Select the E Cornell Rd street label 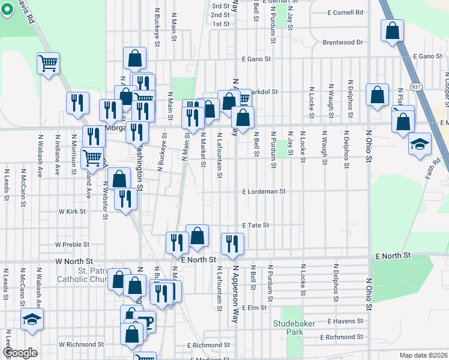[346, 12]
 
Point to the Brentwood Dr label [343, 43]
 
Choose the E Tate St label [255, 225]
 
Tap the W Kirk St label [72, 212]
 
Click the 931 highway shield [415, 87]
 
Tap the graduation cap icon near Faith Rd [420, 144]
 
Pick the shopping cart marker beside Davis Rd [48, 62]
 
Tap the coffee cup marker [145, 322]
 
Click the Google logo [20, 353]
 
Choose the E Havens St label [346, 322]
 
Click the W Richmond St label [81, 345]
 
